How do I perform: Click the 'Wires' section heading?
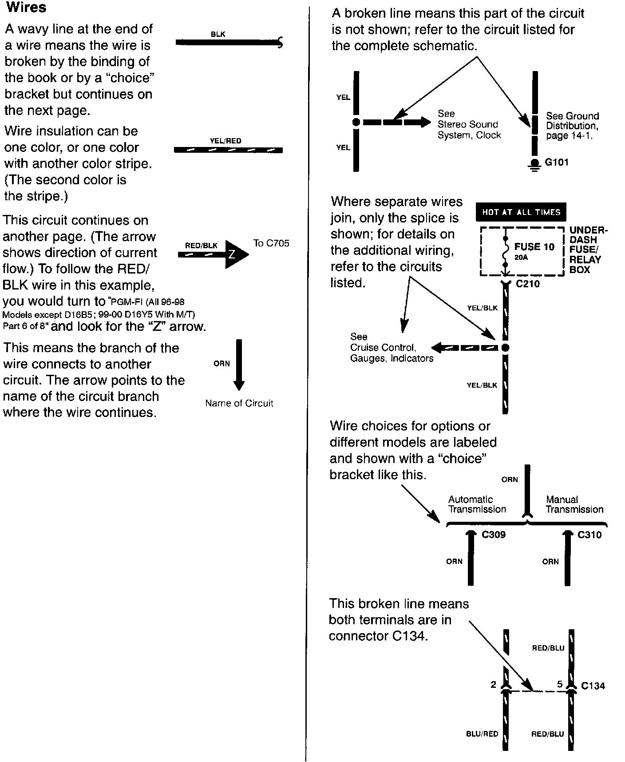coord(26,8)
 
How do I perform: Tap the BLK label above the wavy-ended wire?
coord(218,34)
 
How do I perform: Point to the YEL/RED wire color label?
coord(225,141)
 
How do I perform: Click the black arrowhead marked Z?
coord(235,254)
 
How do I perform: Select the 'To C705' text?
coord(271,243)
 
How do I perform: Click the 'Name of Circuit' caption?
coord(239,403)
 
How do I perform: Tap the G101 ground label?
coord(556,162)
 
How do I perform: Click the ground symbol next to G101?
coord(534,166)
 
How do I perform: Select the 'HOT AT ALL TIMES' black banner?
coord(521,212)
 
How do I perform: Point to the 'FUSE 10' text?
coord(534,247)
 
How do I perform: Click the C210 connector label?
coord(528,284)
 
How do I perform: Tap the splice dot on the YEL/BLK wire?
coord(505,348)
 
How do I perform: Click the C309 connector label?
coord(494,535)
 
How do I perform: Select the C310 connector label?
coord(589,535)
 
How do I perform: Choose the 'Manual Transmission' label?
coord(574,504)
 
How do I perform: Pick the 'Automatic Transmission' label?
coord(477,504)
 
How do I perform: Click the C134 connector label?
coord(593,686)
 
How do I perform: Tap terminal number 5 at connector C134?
coord(560,684)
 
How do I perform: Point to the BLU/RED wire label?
coord(482,734)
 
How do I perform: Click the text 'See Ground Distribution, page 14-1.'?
coord(572,126)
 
